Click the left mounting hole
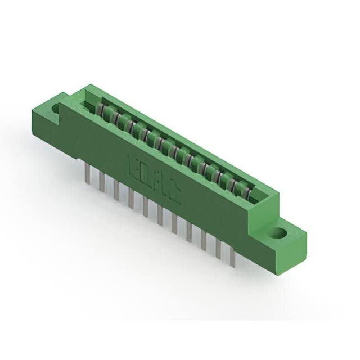click(57, 107)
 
